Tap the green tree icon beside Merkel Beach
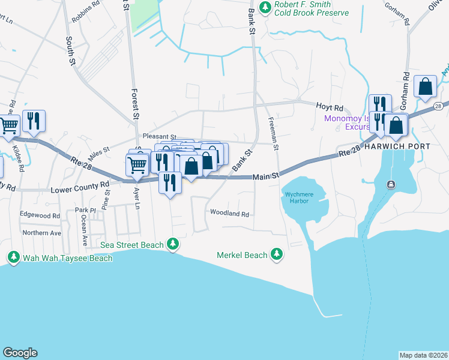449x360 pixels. [277, 255]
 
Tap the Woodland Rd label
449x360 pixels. [229, 213]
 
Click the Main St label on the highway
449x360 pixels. [266, 176]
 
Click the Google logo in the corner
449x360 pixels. [20, 353]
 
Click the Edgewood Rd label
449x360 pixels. [40, 215]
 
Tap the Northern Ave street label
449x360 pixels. [41, 233]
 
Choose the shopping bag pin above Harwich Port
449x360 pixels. [426, 87]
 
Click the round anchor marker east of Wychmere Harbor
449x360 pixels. [391, 184]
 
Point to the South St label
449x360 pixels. [70, 50]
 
